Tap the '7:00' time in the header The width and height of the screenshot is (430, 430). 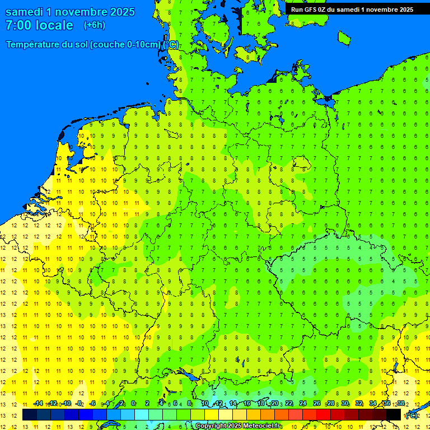pos(19,25)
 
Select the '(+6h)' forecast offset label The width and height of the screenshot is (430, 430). pos(94,25)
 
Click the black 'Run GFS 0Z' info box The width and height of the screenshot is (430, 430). pos(352,9)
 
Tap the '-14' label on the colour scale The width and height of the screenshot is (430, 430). pos(38,403)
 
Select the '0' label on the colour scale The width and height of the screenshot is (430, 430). pos(133,403)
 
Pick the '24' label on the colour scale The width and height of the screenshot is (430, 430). pos(303,403)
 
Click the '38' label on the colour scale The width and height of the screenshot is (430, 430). pos(401,403)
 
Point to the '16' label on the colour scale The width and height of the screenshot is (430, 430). pos(246,403)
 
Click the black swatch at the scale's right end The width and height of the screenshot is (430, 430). pos(394,415)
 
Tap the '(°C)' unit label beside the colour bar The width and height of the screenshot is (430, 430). pos(412,415)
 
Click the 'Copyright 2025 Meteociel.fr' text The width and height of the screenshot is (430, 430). pos(237,426)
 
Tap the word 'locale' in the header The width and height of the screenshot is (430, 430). pos(54,25)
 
